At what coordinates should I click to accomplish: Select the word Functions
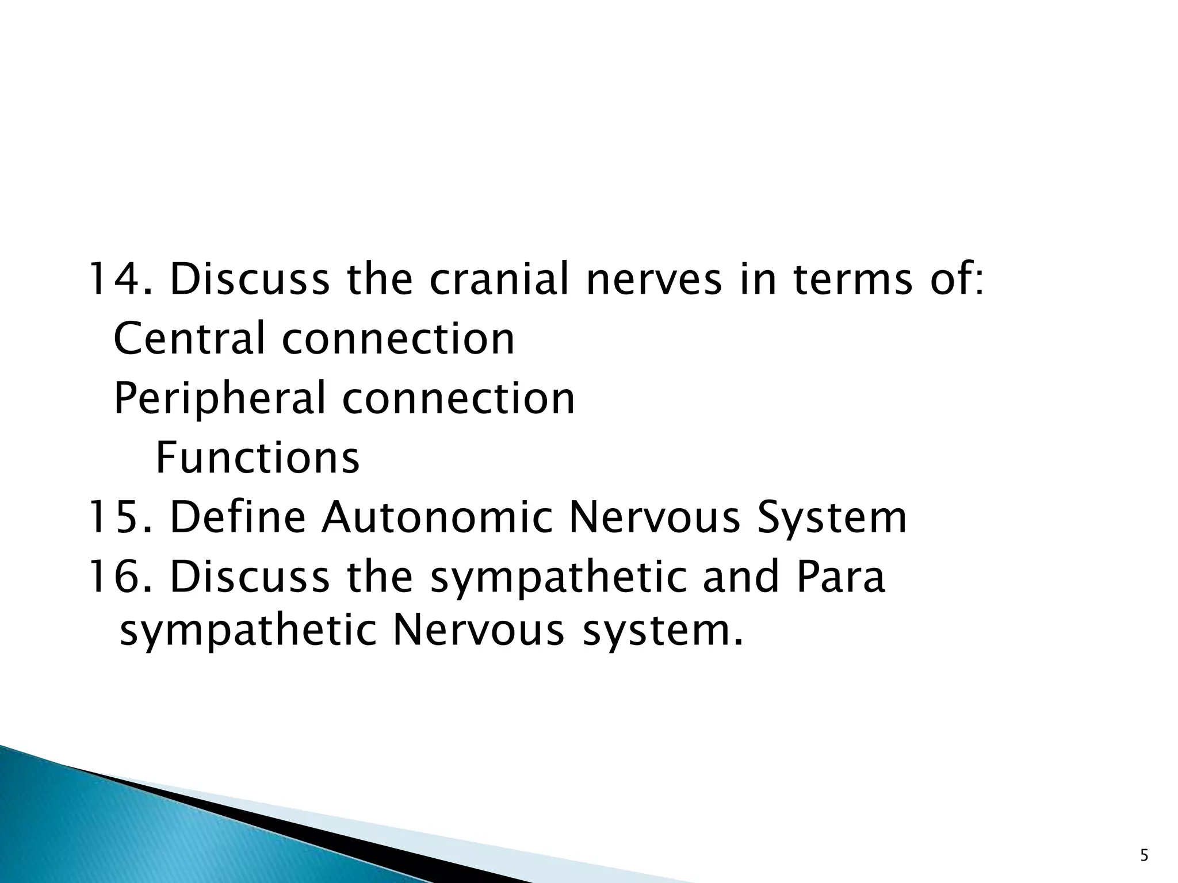point(258,458)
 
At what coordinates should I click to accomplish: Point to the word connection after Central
point(398,339)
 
